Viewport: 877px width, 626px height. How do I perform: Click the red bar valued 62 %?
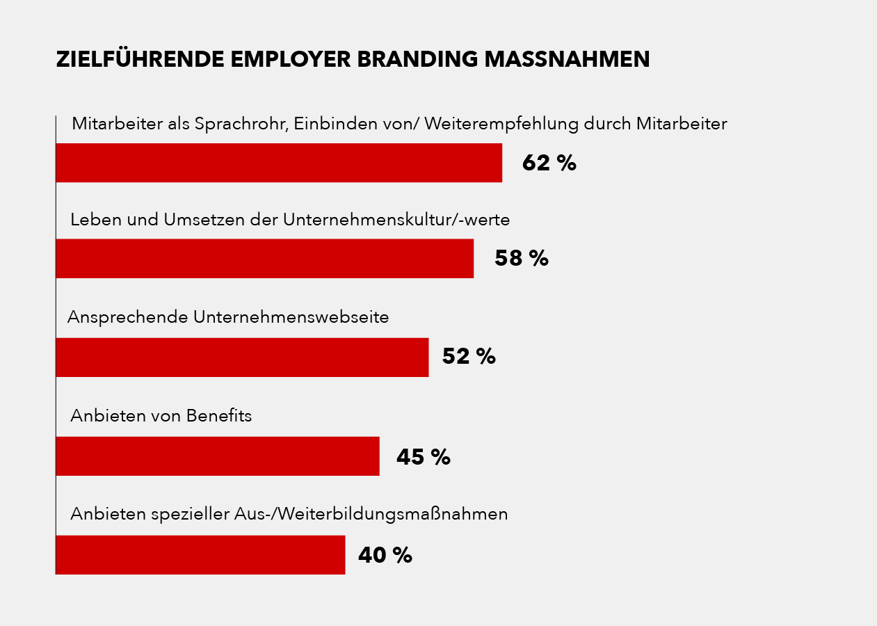pos(278,163)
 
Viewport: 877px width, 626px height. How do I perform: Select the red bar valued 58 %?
pos(264,259)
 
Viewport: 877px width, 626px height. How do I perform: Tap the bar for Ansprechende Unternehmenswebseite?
pos(242,358)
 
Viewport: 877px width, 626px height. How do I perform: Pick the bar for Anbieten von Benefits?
pos(217,456)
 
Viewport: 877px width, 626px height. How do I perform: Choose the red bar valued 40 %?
pos(200,555)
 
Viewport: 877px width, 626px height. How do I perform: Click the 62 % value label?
pos(549,163)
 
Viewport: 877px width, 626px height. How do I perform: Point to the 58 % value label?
pos(521,259)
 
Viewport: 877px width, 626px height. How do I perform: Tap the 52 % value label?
pos(468,357)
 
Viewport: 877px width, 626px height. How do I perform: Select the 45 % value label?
pos(423,457)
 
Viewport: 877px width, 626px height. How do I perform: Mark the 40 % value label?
pos(385,555)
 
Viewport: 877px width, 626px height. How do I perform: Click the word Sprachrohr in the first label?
pos(241,125)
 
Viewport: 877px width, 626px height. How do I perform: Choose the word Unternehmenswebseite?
pos(291,317)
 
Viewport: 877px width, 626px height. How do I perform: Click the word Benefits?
pos(218,416)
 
